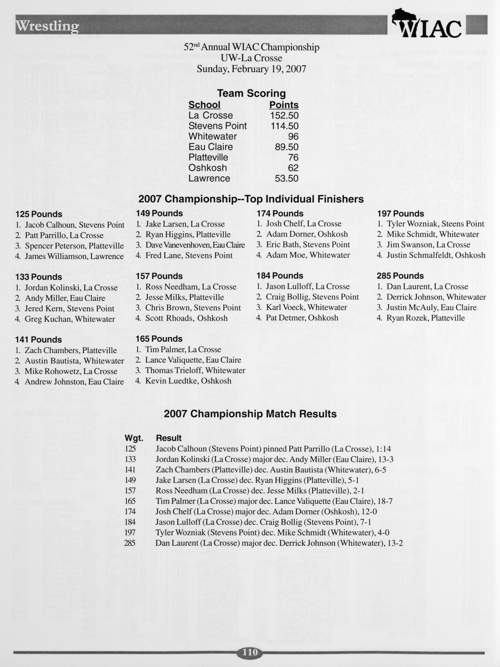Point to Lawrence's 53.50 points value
click(x=286, y=178)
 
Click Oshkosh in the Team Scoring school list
click(x=207, y=168)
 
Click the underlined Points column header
click(x=284, y=105)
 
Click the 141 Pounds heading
click(x=38, y=340)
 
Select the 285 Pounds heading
click(x=400, y=276)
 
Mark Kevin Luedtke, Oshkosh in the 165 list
click(x=188, y=381)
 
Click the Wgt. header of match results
click(x=134, y=438)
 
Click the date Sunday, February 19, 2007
click(x=251, y=69)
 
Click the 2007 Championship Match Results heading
click(x=250, y=414)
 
